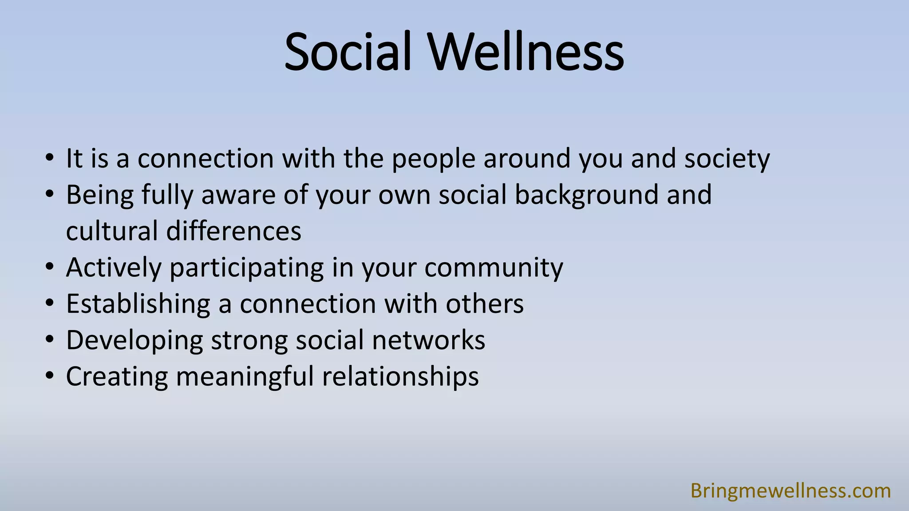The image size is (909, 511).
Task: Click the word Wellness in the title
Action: pyautogui.click(x=526, y=52)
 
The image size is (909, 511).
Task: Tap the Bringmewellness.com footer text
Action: pyautogui.click(x=790, y=491)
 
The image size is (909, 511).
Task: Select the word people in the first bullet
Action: pyautogui.click(x=433, y=159)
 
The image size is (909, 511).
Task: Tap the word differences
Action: pyautogui.click(x=233, y=231)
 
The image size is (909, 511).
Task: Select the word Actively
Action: pyautogui.click(x=114, y=268)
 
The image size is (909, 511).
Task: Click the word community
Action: pyautogui.click(x=494, y=268)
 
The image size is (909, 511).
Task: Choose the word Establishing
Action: pyautogui.click(x=138, y=304)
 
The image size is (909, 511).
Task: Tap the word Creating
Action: pyautogui.click(x=117, y=377)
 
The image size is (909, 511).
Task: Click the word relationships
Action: pyautogui.click(x=400, y=377)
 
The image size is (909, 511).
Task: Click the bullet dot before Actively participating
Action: pyautogui.click(x=50, y=267)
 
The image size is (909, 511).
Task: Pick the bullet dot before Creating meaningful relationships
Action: pyautogui.click(x=50, y=377)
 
